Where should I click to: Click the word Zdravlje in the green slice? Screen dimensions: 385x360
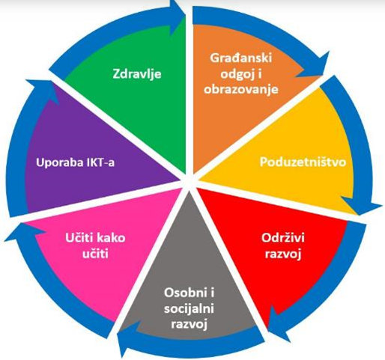coord(137,74)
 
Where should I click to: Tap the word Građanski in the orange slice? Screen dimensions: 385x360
coord(241,58)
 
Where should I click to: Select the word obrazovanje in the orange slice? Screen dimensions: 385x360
coord(241,89)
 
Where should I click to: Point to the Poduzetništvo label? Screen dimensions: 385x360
coord(303,162)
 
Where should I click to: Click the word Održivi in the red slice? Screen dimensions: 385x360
coord(283,237)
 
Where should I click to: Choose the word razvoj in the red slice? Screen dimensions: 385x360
coord(283,254)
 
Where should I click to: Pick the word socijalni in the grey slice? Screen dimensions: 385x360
coord(189,309)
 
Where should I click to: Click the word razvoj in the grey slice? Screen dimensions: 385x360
coord(189,325)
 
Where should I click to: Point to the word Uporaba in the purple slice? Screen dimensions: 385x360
coord(56,162)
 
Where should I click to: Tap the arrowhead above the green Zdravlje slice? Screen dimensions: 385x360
coord(177,16)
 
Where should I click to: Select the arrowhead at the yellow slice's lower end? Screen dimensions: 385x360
coord(361,204)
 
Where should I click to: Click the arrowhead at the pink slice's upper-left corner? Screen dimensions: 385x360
coord(24,231)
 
